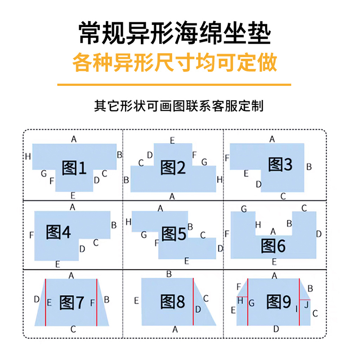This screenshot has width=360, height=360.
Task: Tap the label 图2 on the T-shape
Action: click(x=173, y=167)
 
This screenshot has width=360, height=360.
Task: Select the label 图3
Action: click(x=280, y=165)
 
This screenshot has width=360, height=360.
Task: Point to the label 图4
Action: click(x=58, y=232)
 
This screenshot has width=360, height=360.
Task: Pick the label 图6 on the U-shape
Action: click(x=274, y=246)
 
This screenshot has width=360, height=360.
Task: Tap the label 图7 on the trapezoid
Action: click(x=72, y=302)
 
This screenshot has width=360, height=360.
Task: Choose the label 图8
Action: click(x=173, y=302)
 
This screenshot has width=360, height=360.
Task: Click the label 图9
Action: click(x=279, y=301)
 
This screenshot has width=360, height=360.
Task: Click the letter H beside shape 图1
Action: click(x=28, y=157)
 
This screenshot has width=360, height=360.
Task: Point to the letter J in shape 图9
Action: click(x=306, y=305)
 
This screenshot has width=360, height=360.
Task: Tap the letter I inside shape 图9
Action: click(x=296, y=309)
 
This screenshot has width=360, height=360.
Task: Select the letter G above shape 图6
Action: click(x=243, y=209)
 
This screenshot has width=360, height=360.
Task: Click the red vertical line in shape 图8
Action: click(x=193, y=301)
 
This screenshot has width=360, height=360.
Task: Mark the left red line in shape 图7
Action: click(x=46, y=301)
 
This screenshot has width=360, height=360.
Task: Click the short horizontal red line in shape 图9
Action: click(x=305, y=299)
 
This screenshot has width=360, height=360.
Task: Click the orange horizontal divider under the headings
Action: click(x=174, y=84)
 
